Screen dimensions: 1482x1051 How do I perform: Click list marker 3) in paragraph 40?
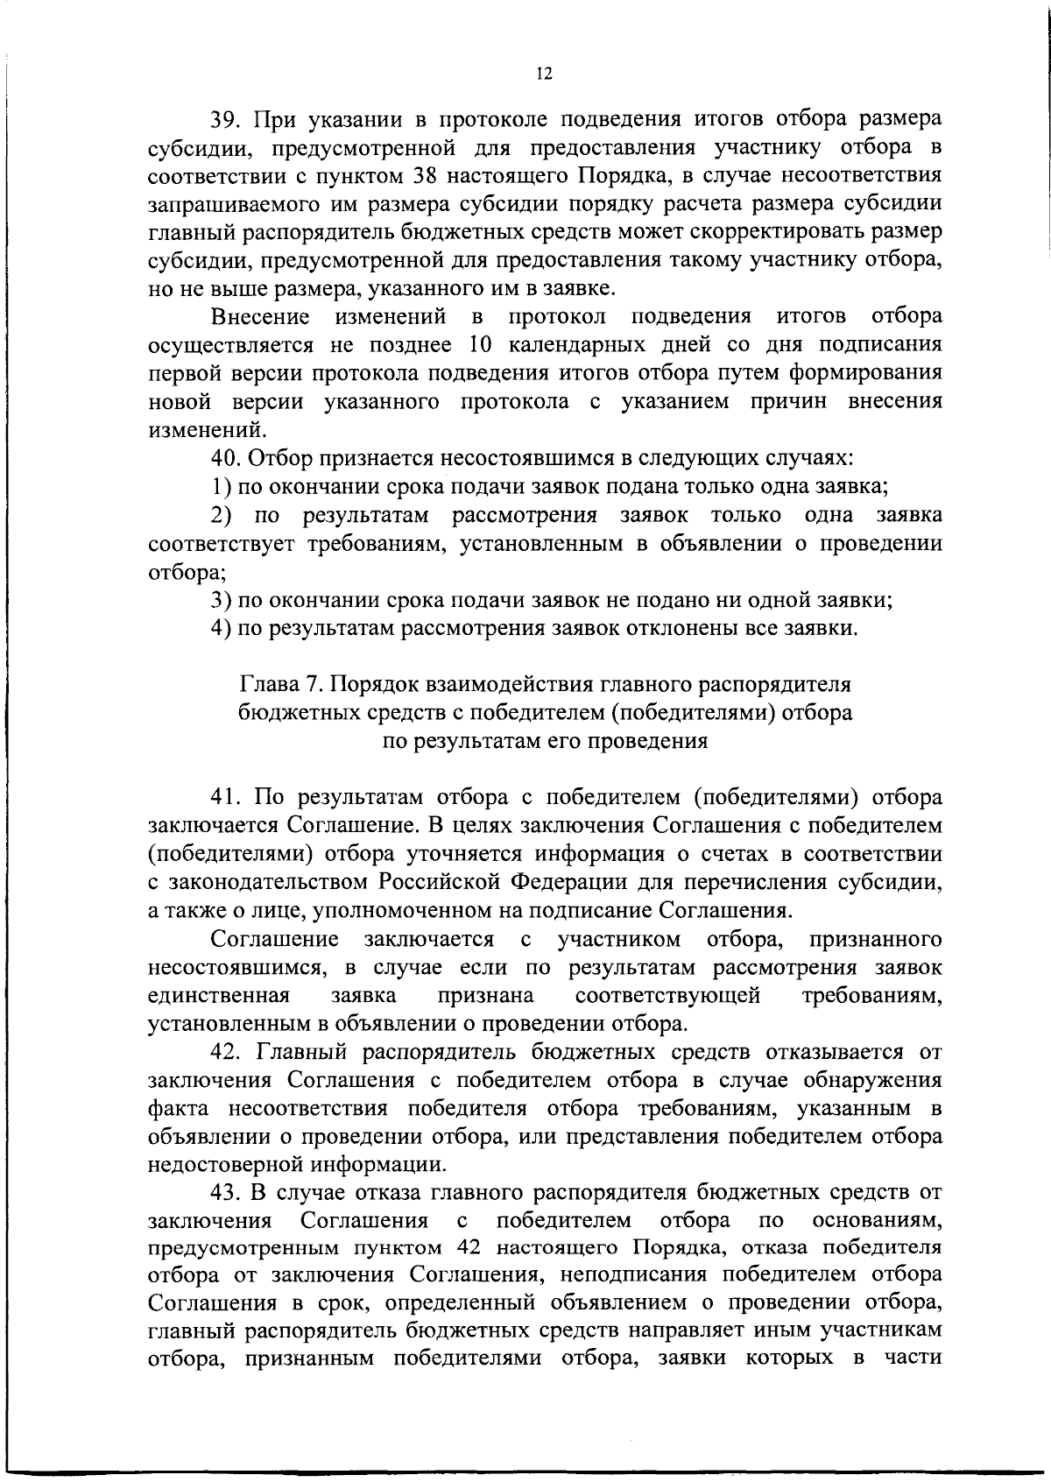[221, 600]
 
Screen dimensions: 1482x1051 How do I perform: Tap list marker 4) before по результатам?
[221, 628]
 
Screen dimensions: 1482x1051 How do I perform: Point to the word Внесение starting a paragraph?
[261, 316]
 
